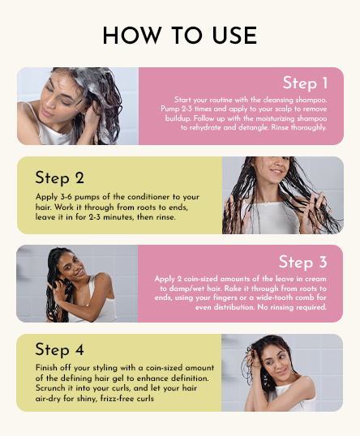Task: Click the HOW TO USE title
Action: tap(180, 36)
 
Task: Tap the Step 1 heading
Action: tap(305, 83)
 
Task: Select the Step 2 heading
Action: tap(59, 177)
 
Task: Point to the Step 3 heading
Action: tap(302, 262)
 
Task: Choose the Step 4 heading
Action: tap(59, 349)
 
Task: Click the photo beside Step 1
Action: tap(78, 106)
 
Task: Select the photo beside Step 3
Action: tap(77, 284)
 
